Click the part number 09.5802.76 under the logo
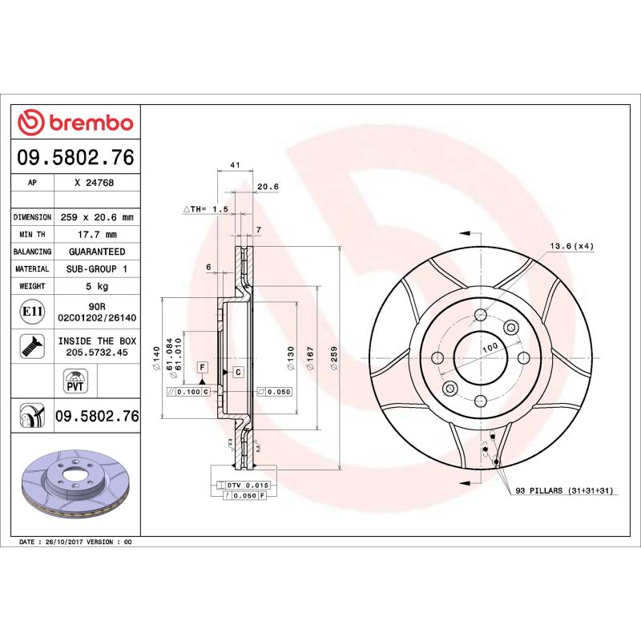pos(76,157)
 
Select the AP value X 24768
pos(94,183)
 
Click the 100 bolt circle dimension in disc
pos(490,345)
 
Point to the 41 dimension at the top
pos(236,165)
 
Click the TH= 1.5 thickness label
pos(207,208)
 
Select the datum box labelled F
pos(203,366)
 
